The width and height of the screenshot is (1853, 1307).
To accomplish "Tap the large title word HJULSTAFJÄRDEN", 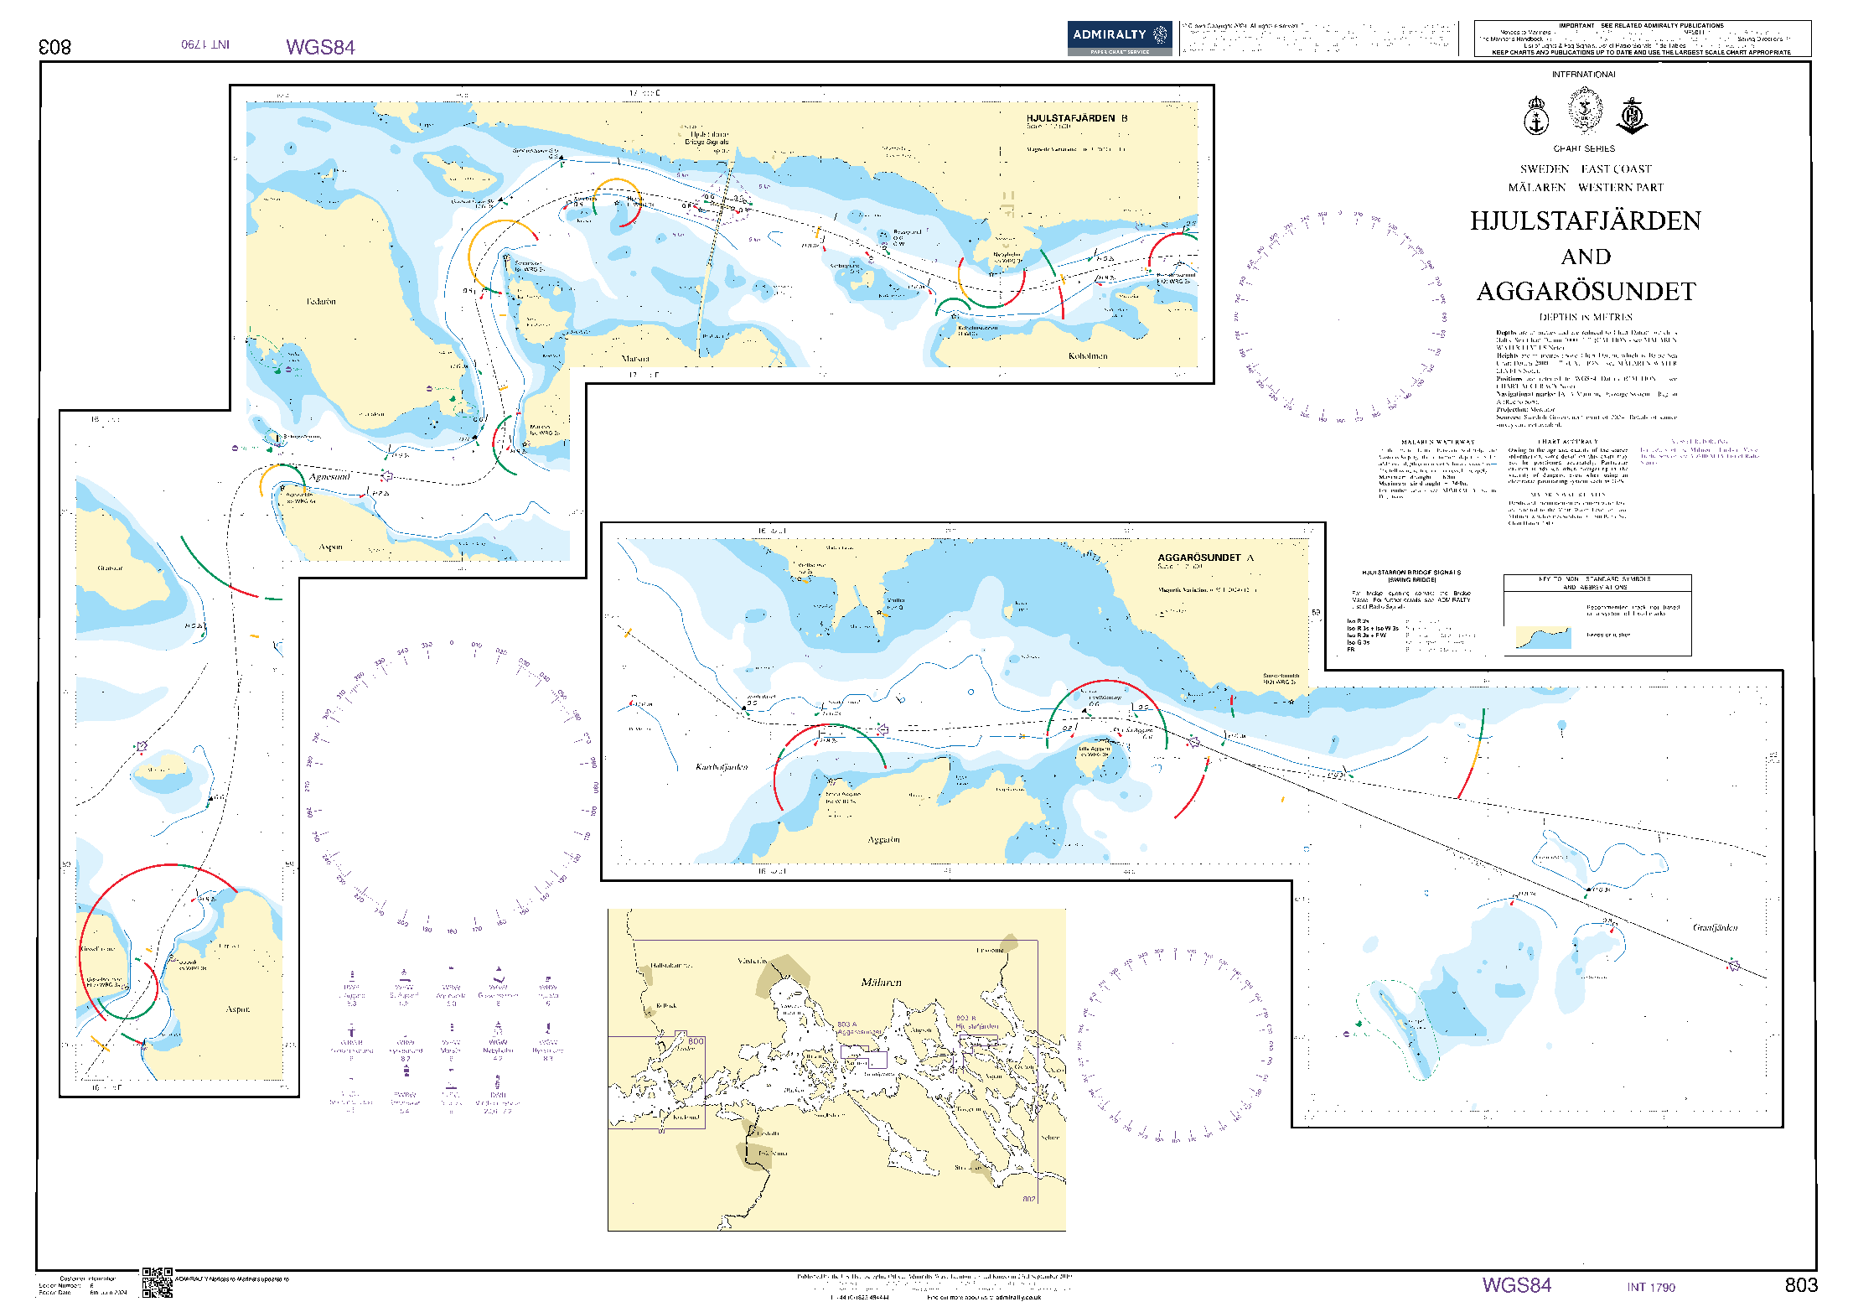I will point(1585,221).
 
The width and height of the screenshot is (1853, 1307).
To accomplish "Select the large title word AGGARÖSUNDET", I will point(1586,292).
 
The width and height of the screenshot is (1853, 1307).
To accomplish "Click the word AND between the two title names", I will point(1586,257).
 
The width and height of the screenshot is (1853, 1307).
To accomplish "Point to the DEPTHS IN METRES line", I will point(1586,317).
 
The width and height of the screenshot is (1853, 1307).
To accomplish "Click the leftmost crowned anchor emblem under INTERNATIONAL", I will point(1535,117).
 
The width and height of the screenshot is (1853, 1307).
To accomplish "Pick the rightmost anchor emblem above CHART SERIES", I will point(1632,117).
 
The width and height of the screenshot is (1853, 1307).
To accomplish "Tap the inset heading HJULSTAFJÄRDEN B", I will point(1076,118).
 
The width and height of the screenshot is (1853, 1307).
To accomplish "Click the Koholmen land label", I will point(1087,356).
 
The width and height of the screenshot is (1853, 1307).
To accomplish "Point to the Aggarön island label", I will point(883,839).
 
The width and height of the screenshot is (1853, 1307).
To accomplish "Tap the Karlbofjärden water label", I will point(722,767).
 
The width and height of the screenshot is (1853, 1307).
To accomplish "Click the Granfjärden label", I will point(1715,927).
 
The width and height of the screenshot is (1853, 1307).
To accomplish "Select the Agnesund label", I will point(329,477).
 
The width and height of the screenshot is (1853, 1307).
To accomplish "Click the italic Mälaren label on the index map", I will point(881,983).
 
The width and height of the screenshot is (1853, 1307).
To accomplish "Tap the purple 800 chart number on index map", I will point(696,1041).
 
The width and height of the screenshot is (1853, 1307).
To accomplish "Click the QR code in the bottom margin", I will point(157,1283).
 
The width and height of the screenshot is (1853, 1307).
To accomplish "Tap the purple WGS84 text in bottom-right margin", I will point(1516,1285).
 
